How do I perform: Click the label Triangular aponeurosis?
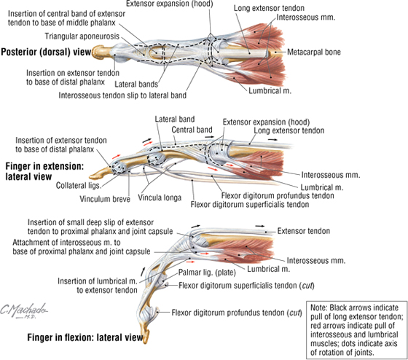point(82,36)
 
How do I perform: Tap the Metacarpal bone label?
point(314,52)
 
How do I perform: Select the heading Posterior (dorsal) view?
point(46,52)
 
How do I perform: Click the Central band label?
point(192,130)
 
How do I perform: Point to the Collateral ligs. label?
point(79,186)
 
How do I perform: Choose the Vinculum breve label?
point(105,199)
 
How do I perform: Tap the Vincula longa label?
point(160,197)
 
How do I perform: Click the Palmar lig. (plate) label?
point(207,273)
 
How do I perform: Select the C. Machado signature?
point(24,310)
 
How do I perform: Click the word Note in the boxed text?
point(318,308)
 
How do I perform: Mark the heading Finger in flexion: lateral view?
point(85,337)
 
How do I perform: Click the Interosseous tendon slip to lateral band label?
point(122,95)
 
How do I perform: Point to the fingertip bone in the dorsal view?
point(101,52)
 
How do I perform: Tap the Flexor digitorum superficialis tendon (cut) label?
point(246,286)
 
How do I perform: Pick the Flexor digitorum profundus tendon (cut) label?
point(237,313)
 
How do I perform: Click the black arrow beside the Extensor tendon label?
point(259,226)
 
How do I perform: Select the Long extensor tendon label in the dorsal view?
point(269,8)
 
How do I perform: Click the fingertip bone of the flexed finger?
point(146,334)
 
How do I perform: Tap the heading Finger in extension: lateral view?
point(44,171)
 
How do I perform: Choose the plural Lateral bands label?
point(136,85)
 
